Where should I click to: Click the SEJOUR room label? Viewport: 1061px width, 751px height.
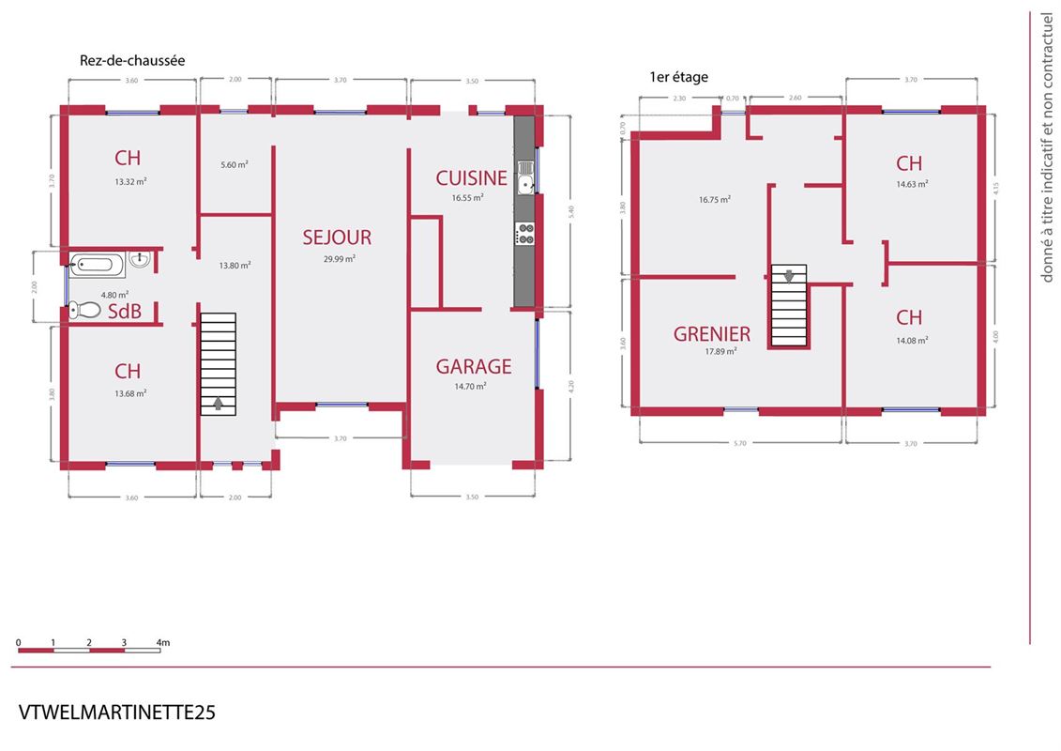tap(337, 237)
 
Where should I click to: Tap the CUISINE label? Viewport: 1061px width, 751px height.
tap(471, 178)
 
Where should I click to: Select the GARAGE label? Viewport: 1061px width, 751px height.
tap(474, 366)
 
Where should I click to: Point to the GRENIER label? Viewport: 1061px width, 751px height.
tap(712, 334)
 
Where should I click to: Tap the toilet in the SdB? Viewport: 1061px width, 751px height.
tap(83, 310)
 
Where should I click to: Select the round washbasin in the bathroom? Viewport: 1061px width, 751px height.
tap(140, 259)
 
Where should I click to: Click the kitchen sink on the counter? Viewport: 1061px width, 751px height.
tap(525, 177)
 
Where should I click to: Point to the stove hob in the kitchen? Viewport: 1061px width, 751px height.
tap(525, 235)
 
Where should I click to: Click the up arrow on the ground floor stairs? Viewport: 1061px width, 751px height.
tap(218, 404)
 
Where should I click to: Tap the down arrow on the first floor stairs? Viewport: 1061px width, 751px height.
tap(789, 276)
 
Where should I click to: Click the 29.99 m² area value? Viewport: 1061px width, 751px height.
tap(340, 259)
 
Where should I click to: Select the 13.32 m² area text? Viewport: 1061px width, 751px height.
tap(130, 181)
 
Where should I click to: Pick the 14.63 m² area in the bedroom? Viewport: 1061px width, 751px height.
tap(912, 183)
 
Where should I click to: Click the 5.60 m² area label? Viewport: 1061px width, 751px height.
tap(235, 164)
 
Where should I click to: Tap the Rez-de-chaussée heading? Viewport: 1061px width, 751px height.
tap(132, 60)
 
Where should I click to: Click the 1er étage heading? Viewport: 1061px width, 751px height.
tap(678, 77)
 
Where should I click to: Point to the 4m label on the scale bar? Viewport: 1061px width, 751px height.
tap(162, 642)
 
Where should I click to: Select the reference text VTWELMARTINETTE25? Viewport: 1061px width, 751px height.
tap(116, 713)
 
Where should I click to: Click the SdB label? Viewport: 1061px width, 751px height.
tap(125, 311)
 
